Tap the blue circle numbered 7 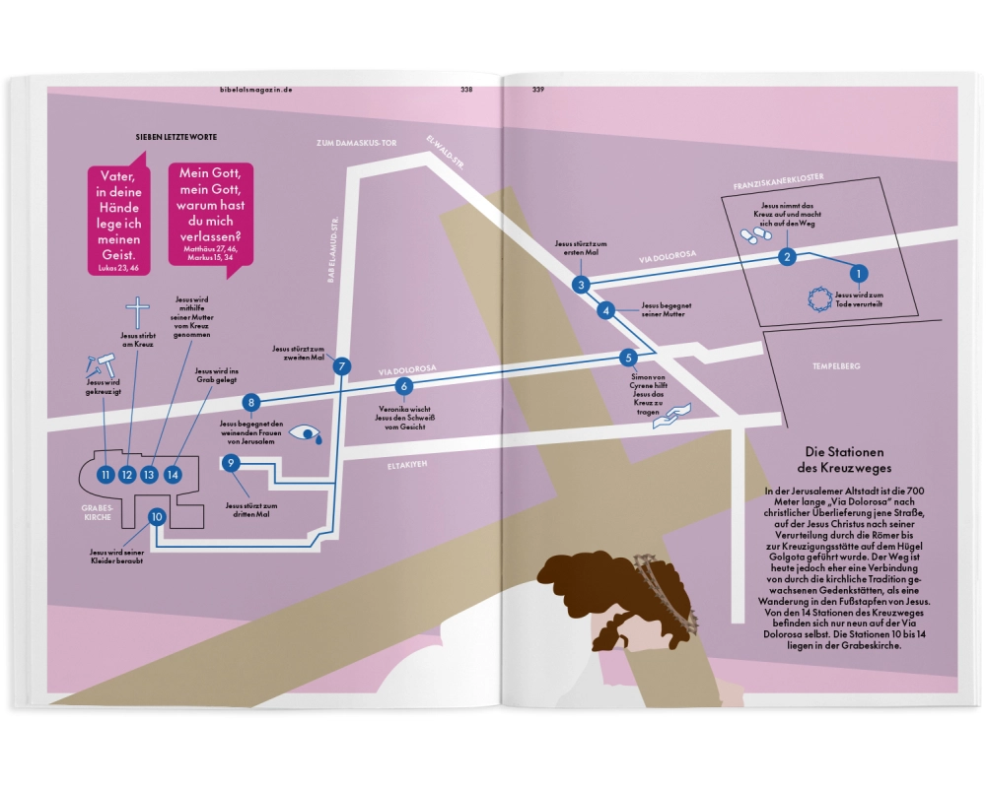pyautogui.click(x=342, y=366)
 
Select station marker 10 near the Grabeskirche pyautogui.click(x=156, y=516)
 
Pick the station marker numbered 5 pyautogui.click(x=628, y=358)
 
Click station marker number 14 pyautogui.click(x=174, y=475)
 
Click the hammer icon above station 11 pyautogui.click(x=99, y=361)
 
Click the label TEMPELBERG pyautogui.click(x=837, y=366)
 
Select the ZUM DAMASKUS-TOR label pyautogui.click(x=356, y=143)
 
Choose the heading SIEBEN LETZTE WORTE pyautogui.click(x=176, y=137)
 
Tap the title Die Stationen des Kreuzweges pyautogui.click(x=854, y=460)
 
